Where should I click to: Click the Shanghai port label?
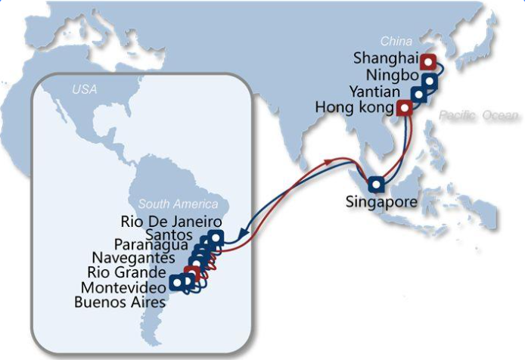click(x=384, y=59)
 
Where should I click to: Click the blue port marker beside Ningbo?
click(x=430, y=81)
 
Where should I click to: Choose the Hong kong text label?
click(x=353, y=109)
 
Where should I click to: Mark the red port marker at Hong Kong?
click(x=404, y=108)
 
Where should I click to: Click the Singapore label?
click(x=381, y=202)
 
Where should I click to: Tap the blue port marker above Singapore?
click(x=376, y=184)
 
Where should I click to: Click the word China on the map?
click(x=396, y=41)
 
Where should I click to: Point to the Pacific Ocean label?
click(x=480, y=115)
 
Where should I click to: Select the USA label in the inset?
click(x=85, y=90)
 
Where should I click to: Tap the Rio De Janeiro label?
click(x=171, y=222)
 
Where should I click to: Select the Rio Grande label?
click(x=127, y=272)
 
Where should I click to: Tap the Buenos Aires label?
click(x=120, y=303)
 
